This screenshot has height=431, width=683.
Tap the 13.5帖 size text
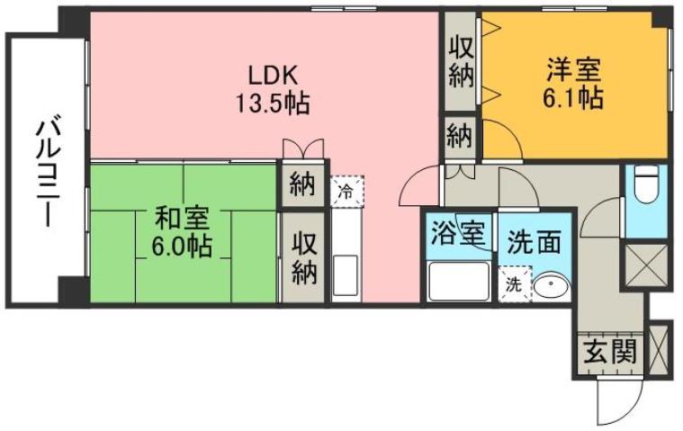273,103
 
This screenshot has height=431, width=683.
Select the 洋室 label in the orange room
573,67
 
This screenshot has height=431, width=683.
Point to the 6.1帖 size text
573,97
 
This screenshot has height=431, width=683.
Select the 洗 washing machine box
513,285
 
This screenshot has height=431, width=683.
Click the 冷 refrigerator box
346,189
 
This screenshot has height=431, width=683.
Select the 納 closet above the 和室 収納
301,186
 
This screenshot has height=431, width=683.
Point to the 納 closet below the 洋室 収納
460,138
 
